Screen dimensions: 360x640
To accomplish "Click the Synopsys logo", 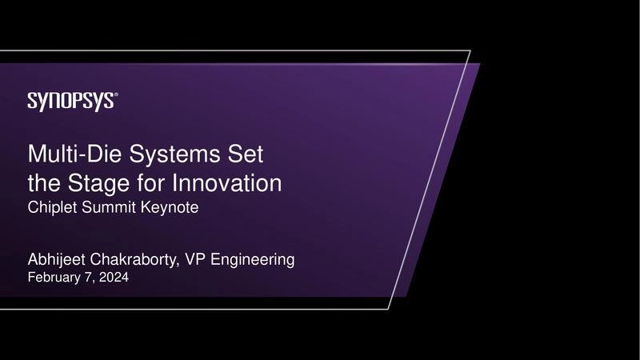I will click(x=72, y=101).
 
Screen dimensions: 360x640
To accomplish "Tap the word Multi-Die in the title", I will click(x=74, y=154).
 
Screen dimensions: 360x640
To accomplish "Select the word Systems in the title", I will click(x=174, y=154).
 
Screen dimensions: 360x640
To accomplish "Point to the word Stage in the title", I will click(x=111, y=184).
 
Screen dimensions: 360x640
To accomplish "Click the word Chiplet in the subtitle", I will click(x=51, y=208).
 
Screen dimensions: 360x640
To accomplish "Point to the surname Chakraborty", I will click(x=138, y=260).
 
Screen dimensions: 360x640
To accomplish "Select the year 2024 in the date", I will click(x=113, y=278).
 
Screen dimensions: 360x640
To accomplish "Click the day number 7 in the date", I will click(x=90, y=278).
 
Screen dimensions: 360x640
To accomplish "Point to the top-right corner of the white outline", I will click(x=470, y=51).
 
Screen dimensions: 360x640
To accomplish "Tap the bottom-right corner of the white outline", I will click(x=390, y=309).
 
